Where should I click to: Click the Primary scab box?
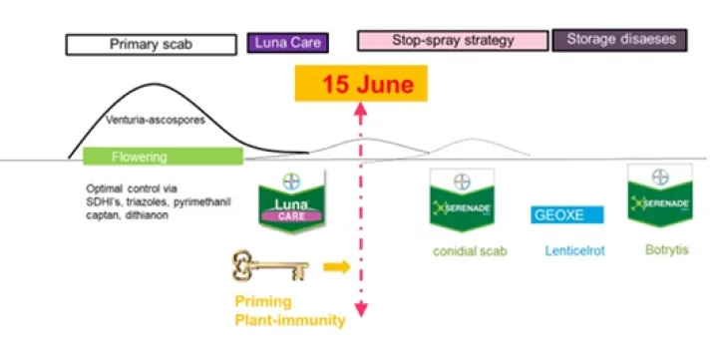(x=151, y=44)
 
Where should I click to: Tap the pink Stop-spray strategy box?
(x=453, y=41)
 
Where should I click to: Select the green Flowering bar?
(x=163, y=157)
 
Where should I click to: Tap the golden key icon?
(x=270, y=267)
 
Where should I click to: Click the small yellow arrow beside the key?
(x=337, y=267)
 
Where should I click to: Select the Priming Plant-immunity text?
(x=290, y=310)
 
